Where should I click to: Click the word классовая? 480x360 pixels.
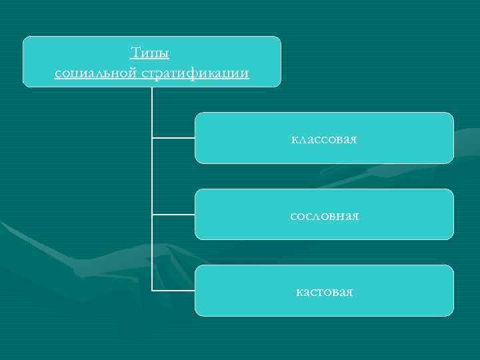click(324, 139)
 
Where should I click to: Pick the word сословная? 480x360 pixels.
click(325, 216)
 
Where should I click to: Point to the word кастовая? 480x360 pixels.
click(325, 292)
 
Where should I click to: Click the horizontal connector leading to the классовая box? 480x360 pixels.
click(173, 138)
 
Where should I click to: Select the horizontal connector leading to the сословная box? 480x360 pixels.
click(173, 215)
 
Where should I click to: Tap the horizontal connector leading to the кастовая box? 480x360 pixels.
click(173, 291)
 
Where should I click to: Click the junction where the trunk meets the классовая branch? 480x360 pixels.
click(152, 138)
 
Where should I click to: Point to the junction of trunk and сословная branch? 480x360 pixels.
click(152, 215)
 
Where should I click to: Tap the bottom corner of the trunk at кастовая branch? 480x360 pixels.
click(152, 291)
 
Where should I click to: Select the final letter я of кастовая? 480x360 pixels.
click(349, 293)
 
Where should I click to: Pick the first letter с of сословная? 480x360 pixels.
click(294, 217)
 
